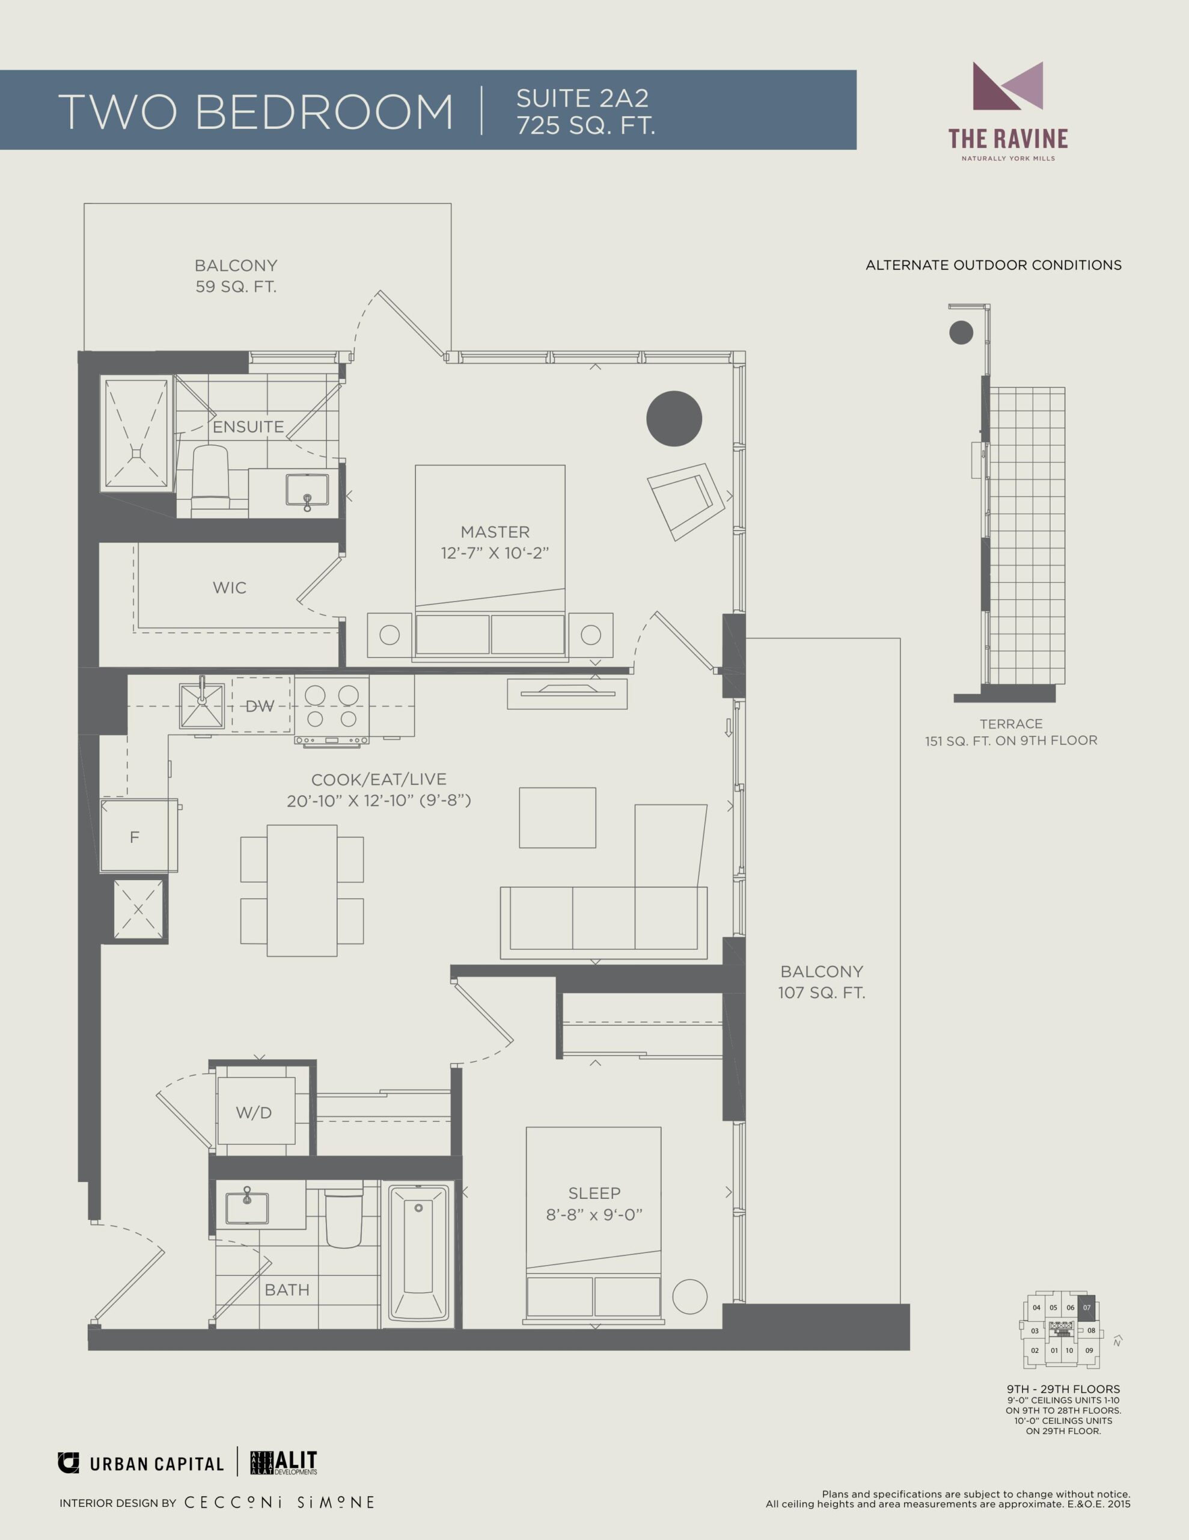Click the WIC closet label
[230, 587]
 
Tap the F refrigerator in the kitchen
[139, 836]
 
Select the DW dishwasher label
[260, 706]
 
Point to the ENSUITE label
[248, 427]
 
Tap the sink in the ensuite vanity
[307, 490]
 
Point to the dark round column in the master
[674, 418]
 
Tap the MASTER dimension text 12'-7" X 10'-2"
[495, 553]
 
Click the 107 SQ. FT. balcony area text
[821, 993]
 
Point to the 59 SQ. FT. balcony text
[236, 287]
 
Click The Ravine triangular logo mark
[1008, 86]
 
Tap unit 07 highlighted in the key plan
[1087, 1307]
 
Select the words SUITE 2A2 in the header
[582, 98]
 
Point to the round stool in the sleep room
[690, 1295]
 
